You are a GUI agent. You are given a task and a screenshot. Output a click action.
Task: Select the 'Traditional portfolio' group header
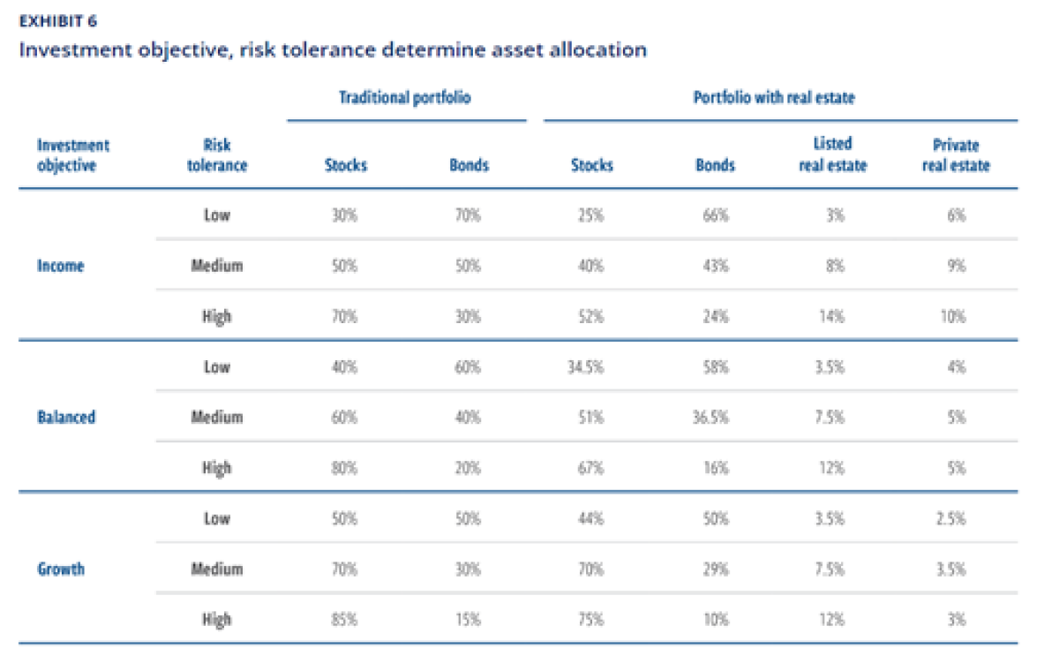pyautogui.click(x=405, y=97)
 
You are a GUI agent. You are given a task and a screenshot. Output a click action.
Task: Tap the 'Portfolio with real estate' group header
pyautogui.click(x=774, y=97)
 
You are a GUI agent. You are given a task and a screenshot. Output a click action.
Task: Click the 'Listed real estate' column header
pyautogui.click(x=832, y=155)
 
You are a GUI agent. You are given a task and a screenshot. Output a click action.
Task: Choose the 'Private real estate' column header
pyautogui.click(x=956, y=155)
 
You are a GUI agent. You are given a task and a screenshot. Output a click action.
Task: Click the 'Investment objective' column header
pyautogui.click(x=73, y=155)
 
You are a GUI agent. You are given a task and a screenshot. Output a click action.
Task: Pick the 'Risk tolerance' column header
pyautogui.click(x=216, y=155)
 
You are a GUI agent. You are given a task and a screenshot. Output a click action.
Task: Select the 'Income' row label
pyautogui.click(x=61, y=266)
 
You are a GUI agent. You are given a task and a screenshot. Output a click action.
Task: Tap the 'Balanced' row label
pyautogui.click(x=66, y=417)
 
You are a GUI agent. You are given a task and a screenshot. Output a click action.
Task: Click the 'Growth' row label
pyautogui.click(x=61, y=569)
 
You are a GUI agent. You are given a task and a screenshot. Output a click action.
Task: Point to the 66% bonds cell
pyautogui.click(x=716, y=215)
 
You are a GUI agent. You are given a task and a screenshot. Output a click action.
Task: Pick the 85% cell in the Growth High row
pyautogui.click(x=345, y=620)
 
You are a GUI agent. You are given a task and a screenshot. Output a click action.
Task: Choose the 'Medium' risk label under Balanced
pyautogui.click(x=216, y=417)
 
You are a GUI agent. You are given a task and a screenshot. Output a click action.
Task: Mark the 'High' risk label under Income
pyautogui.click(x=216, y=316)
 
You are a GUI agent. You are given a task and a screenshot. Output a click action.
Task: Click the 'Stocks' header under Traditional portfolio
pyautogui.click(x=345, y=165)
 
